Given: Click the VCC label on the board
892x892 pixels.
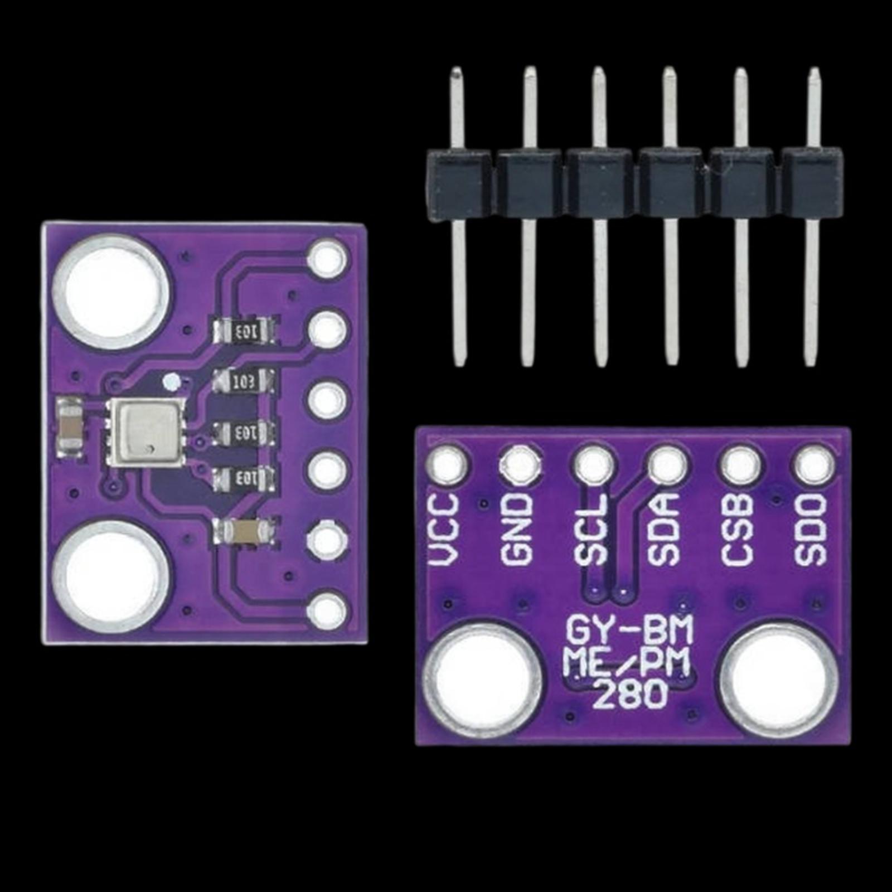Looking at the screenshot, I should pyautogui.click(x=446, y=530).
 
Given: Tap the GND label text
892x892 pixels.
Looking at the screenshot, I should pyautogui.click(x=518, y=530).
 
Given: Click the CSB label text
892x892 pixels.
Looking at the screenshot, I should pyautogui.click(x=738, y=530).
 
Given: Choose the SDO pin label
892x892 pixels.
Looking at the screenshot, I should pyautogui.click(x=812, y=530).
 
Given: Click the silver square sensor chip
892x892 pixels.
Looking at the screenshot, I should pyautogui.click(x=147, y=432).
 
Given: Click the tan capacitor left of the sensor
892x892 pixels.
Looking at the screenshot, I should pyautogui.click(x=71, y=428).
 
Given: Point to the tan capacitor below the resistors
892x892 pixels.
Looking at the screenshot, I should pyautogui.click(x=245, y=532).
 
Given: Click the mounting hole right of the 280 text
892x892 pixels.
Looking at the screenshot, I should pyautogui.click(x=779, y=681).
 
